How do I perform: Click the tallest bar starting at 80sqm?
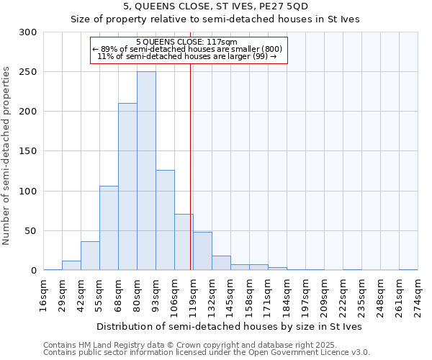pyautogui.click(x=146, y=171)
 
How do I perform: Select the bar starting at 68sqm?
pyautogui.click(x=127, y=187)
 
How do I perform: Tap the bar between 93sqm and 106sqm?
pyautogui.click(x=165, y=220)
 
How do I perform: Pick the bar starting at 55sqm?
pyautogui.click(x=109, y=228)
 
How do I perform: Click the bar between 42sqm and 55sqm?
pyautogui.click(x=90, y=256)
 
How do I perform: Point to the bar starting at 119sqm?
pyautogui.click(x=202, y=252)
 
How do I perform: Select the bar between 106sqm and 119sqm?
pyautogui.click(x=184, y=243)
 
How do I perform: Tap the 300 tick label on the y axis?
pyautogui.click(x=28, y=32)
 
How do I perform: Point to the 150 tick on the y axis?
pyautogui.click(x=28, y=152)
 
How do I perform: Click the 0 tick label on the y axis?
pyautogui.click(x=34, y=271)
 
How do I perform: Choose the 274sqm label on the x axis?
pyautogui.click(x=418, y=295)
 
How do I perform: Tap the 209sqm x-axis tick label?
pyautogui.click(x=324, y=295)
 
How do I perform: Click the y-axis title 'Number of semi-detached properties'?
pyautogui.click(x=7, y=156)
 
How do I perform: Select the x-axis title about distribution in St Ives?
pyautogui.click(x=230, y=326)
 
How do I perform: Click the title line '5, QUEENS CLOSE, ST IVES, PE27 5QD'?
pyautogui.click(x=216, y=6)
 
